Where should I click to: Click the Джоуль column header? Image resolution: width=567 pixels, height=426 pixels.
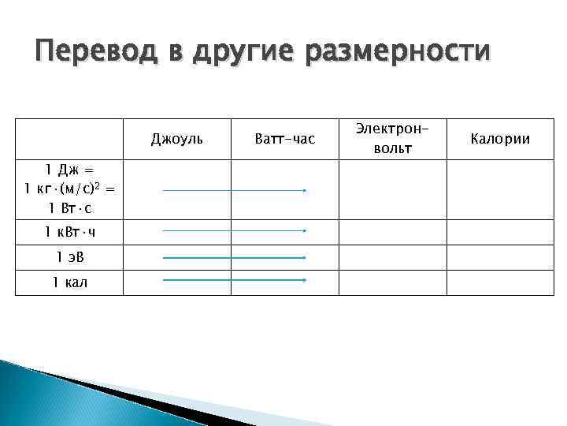[x=177, y=139]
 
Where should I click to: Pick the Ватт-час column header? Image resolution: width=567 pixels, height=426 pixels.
[x=285, y=139]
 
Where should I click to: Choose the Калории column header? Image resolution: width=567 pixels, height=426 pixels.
[x=500, y=139]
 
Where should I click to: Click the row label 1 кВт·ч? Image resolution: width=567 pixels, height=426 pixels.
[x=69, y=232]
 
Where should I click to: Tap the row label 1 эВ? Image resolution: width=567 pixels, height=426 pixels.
[x=69, y=257]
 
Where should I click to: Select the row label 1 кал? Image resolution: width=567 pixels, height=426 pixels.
[x=69, y=282]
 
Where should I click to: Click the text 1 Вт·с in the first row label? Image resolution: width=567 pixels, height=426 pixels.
[x=69, y=207]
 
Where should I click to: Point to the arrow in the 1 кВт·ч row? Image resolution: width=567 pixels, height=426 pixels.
[x=234, y=231]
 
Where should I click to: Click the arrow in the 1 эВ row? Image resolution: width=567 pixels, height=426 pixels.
[x=234, y=258]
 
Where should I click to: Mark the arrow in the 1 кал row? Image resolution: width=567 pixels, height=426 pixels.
[x=234, y=280]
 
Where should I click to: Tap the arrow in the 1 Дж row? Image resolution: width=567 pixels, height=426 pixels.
[x=234, y=190]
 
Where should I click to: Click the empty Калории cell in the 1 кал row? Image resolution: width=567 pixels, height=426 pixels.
[x=500, y=282]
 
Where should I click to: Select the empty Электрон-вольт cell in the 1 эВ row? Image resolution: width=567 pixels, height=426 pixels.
[x=392, y=257]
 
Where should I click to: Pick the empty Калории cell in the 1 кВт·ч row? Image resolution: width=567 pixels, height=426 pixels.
[x=500, y=232]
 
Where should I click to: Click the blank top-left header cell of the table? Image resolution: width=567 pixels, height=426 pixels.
[x=69, y=139]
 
